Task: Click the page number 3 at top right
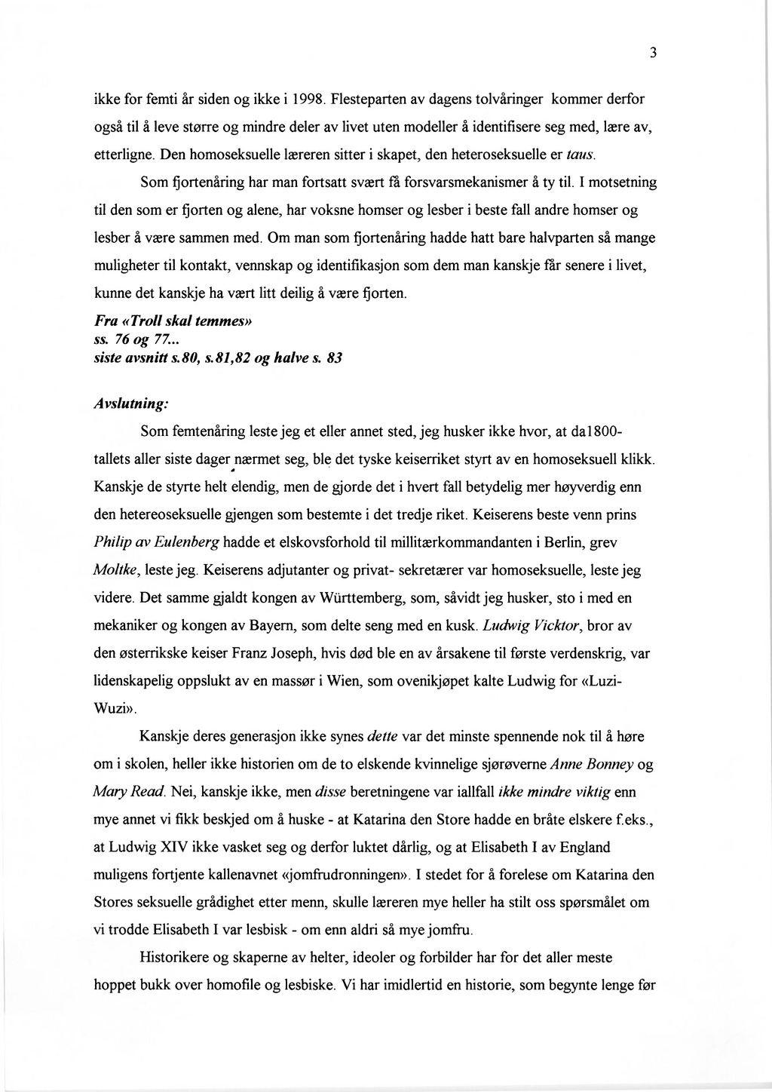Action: coord(654,52)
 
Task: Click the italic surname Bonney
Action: coord(610,764)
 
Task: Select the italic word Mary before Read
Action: coord(109,792)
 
